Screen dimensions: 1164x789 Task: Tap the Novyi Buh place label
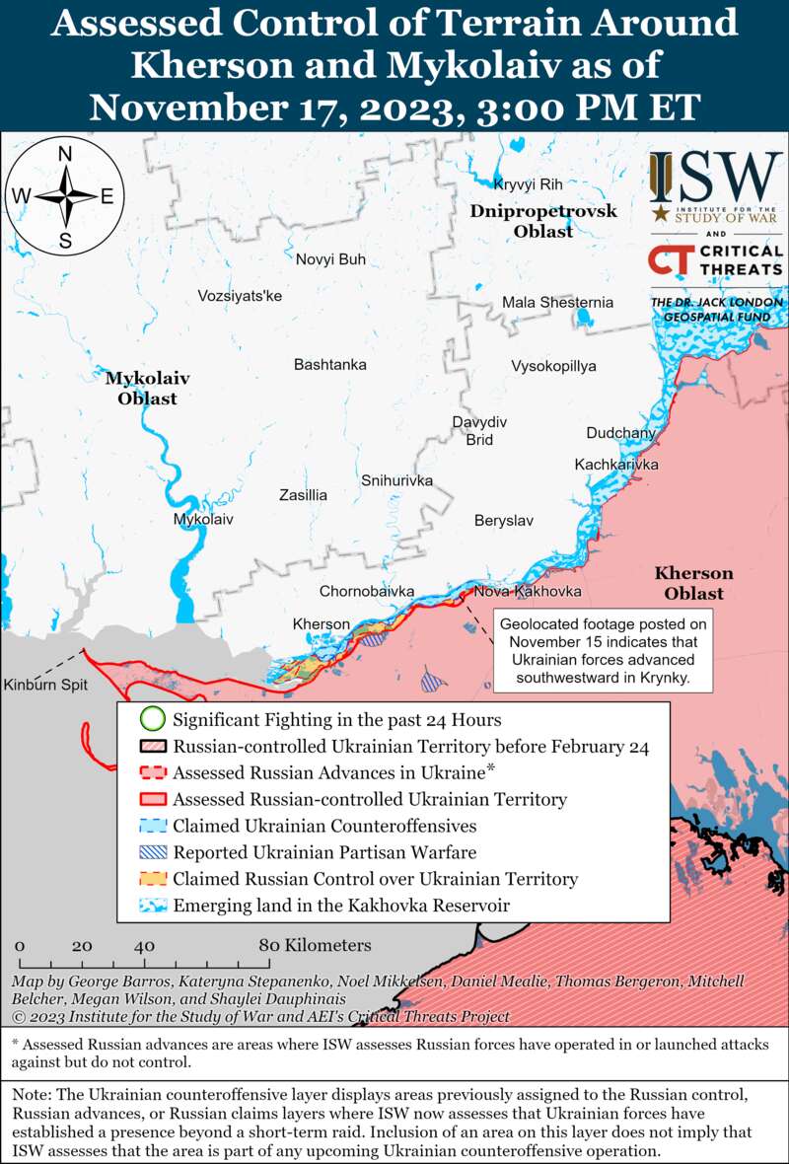(x=330, y=259)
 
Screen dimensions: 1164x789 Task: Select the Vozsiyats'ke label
(x=240, y=295)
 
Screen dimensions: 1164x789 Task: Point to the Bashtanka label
(x=329, y=365)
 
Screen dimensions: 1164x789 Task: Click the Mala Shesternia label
(x=557, y=303)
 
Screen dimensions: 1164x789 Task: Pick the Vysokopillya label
(x=553, y=366)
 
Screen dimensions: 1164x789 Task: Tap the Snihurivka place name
(x=396, y=480)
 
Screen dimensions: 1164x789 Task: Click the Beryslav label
(x=503, y=520)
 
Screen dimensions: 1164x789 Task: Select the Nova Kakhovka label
(x=527, y=591)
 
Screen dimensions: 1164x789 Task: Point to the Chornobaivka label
(x=366, y=591)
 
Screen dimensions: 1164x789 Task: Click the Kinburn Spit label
(x=44, y=685)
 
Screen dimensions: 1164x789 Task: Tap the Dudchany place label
(x=620, y=433)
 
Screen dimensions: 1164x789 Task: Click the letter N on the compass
(x=65, y=153)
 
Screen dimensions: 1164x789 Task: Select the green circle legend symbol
(x=151, y=719)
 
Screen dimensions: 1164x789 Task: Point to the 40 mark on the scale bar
(x=145, y=945)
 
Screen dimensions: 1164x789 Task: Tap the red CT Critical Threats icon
(x=670, y=258)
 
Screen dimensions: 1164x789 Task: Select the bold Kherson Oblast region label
(x=693, y=583)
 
